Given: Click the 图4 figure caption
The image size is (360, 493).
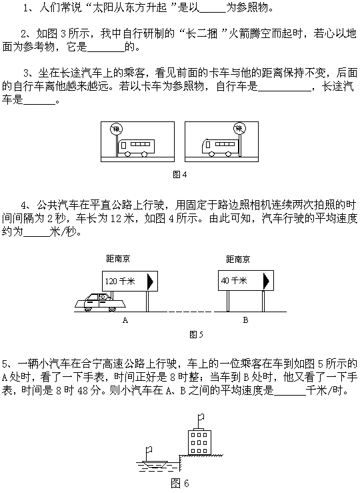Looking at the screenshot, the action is tap(180, 175).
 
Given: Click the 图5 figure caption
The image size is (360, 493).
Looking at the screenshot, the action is tap(197, 334).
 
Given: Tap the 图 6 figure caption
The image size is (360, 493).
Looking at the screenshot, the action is tap(180, 483).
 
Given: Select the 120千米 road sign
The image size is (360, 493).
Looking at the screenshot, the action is tap(130, 281).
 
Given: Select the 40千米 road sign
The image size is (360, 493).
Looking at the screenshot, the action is tap(246, 280).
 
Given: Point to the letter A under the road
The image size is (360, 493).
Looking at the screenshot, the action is tap(125, 320).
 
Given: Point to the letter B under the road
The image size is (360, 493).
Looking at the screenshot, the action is tap(245, 320).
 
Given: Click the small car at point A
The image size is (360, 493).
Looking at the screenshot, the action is tap(100, 302).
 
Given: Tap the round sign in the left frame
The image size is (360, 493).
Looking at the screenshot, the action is tap(116, 129).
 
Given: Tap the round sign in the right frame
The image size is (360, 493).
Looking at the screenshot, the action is tap(239, 128).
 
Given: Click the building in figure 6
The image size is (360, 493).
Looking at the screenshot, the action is tap(199, 442).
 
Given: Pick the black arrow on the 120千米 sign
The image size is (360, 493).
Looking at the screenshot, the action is tap(150, 282).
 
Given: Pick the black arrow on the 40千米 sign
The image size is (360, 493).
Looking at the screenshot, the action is tap(266, 281).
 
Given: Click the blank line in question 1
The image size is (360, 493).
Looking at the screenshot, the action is tap(213, 12).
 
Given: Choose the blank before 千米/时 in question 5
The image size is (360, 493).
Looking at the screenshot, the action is tap(290, 394).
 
